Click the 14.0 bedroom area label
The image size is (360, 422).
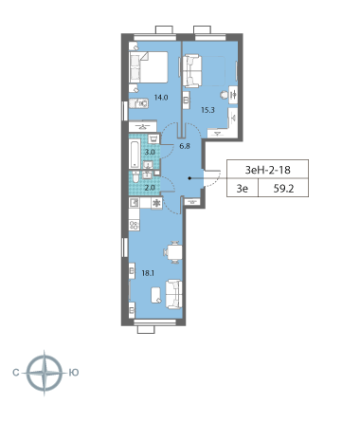(162, 97)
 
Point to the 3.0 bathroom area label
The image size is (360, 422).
(150, 152)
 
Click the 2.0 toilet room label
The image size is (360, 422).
(150, 188)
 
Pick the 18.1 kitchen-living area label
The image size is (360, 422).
(148, 271)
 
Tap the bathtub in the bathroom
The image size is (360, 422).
(134, 153)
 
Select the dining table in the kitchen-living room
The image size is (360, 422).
(173, 253)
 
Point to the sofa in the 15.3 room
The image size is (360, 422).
(193, 69)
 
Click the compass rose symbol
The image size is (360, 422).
(44, 372)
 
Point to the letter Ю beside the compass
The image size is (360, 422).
(74, 372)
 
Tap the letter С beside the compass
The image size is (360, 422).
(15, 372)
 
